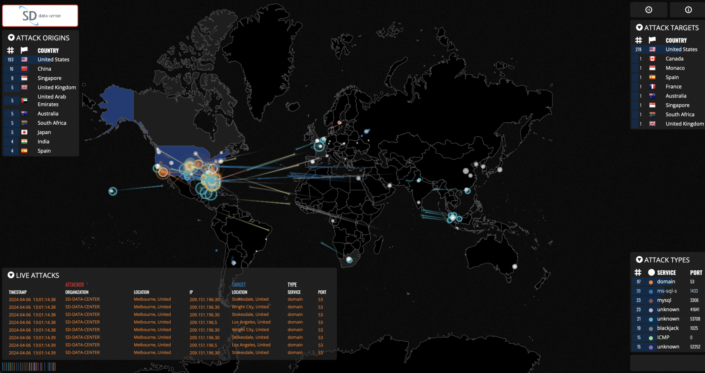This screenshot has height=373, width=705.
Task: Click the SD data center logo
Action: [x=40, y=16]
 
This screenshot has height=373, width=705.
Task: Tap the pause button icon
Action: [x=649, y=10]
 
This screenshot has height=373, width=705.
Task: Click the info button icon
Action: [x=688, y=10]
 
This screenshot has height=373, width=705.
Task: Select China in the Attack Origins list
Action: [x=44, y=69]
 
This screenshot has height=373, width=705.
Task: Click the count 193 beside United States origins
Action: [x=11, y=60]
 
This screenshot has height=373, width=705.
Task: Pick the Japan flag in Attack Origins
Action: [x=24, y=132]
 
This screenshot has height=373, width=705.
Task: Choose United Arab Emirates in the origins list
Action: [x=52, y=101]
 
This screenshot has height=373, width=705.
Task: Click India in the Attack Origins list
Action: [x=43, y=142]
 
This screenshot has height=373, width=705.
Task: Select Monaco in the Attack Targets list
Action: [x=675, y=68]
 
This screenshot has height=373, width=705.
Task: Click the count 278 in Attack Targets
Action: [x=638, y=50]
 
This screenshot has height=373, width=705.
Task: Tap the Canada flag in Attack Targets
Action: [x=652, y=59]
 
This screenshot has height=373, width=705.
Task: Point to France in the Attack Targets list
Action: [x=673, y=87]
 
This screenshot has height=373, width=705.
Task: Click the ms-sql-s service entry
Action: [x=667, y=291]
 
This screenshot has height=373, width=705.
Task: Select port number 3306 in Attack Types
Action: [x=694, y=300]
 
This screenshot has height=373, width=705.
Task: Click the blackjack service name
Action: [x=668, y=328]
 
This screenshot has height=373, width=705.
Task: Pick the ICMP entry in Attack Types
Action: [x=663, y=338]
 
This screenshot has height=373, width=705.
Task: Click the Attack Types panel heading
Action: [x=666, y=260]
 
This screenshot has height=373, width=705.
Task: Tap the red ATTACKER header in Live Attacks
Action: [x=74, y=285]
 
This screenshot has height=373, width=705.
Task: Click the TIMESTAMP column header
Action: [x=18, y=292]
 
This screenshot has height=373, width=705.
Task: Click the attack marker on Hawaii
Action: [x=113, y=191]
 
